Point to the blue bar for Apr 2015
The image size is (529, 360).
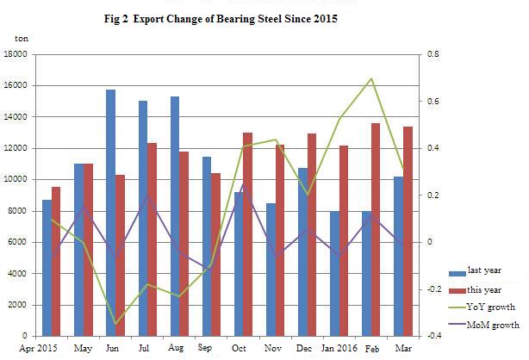point(47,267)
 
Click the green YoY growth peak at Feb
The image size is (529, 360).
point(370,78)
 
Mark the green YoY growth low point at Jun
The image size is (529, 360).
point(115,324)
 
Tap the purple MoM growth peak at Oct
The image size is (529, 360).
point(242,183)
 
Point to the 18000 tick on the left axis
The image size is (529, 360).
point(16,54)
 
